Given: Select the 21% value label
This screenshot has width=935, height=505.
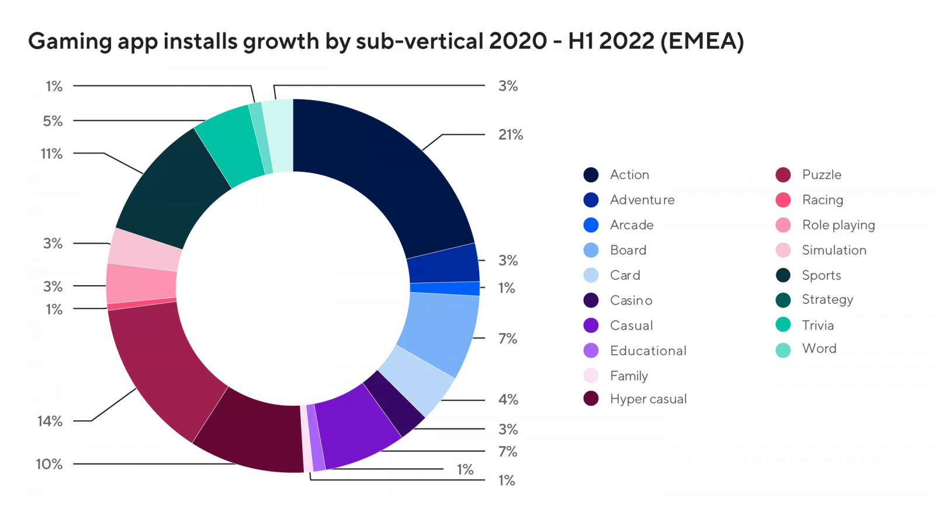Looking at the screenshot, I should coord(510,135).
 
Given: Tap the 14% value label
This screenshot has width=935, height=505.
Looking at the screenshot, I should coord(50,421).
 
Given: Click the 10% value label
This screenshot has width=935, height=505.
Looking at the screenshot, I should coord(49,464).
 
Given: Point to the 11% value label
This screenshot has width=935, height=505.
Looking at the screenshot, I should coord(51,154).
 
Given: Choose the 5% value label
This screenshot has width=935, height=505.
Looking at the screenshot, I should coord(53,121).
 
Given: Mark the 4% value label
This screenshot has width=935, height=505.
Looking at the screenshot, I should coord(508,400).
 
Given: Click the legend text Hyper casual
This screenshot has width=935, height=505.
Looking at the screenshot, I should coord(648,399).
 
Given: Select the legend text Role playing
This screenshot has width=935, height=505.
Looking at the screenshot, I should coord(838,225).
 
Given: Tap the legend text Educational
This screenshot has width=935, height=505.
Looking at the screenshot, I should coord(648,351).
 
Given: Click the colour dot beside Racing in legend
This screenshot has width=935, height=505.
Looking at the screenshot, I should coord(783,200).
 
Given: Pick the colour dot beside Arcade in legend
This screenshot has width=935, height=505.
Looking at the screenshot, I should coord(591,225).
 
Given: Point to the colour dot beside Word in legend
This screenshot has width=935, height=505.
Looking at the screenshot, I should coord(783,350).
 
